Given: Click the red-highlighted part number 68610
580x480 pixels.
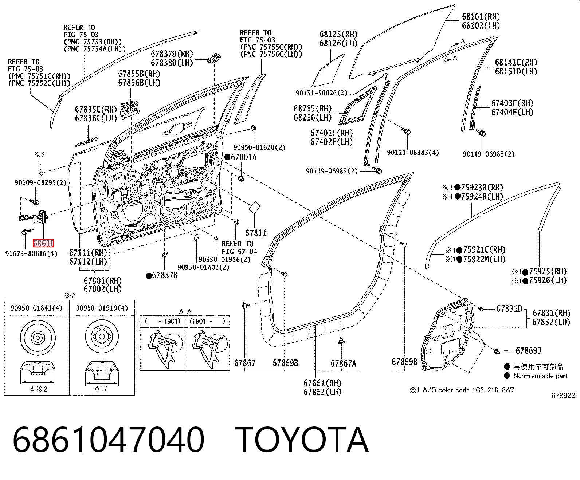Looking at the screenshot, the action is click(43, 243).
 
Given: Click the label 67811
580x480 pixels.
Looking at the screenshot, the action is click(256, 233).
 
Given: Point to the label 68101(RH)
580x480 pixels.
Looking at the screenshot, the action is click(481, 17).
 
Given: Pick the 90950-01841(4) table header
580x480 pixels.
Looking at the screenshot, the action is click(36, 308).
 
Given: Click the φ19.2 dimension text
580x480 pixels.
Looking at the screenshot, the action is click(39, 389).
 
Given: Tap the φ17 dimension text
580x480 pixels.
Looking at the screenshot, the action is click(101, 389).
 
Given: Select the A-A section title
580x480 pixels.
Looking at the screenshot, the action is click(185, 311).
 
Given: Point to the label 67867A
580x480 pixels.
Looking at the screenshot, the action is click(343, 363).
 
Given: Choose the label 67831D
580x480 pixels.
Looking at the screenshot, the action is click(509, 308).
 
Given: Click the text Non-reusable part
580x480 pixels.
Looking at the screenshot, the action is click(541, 376).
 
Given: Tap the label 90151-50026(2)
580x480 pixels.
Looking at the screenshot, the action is click(322, 93).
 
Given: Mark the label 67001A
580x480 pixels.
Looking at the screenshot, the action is click(244, 157).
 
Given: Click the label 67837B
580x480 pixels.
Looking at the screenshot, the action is click(165, 275).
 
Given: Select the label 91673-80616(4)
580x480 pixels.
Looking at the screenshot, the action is click(31, 253).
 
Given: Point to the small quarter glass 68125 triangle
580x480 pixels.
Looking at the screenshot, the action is click(328, 71).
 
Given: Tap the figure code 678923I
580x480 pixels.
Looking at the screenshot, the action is click(564, 396).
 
